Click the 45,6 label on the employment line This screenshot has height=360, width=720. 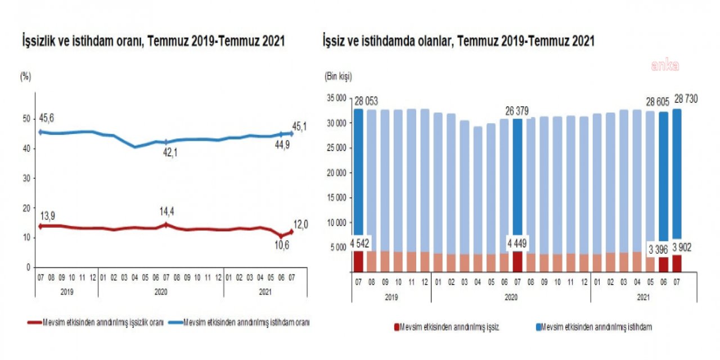click(x=46, y=118)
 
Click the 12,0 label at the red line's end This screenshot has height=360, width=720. click(x=301, y=224)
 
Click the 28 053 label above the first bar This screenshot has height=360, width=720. click(x=366, y=101)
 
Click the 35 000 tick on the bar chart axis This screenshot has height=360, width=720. click(x=337, y=98)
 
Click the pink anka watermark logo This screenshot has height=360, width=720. click(x=665, y=65)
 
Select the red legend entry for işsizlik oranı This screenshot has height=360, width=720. click(x=95, y=323)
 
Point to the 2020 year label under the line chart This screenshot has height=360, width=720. click(x=160, y=292)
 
